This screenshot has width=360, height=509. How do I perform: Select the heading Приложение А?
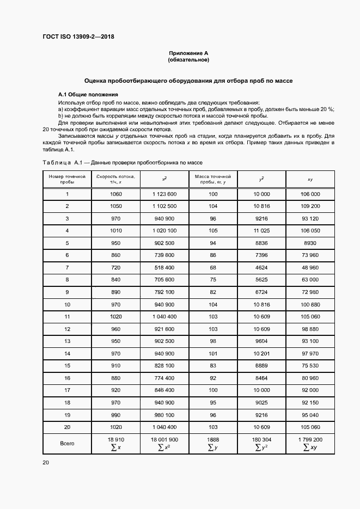click(188, 53)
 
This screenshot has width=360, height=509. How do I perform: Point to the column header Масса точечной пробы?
click(213, 179)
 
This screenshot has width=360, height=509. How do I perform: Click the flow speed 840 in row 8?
click(116, 279)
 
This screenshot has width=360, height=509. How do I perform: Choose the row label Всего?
click(68, 443)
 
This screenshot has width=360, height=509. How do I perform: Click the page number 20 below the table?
click(45, 463)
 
